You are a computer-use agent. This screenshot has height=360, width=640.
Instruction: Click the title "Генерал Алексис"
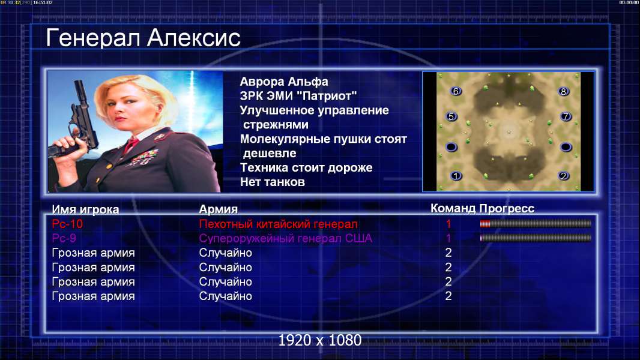click(x=143, y=38)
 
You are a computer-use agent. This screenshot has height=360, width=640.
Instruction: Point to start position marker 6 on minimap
click(x=456, y=91)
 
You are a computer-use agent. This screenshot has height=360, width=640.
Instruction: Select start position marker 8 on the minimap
click(x=564, y=91)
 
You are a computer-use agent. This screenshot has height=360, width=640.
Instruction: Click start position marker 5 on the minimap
click(x=451, y=116)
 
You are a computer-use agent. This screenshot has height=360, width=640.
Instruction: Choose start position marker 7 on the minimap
click(x=566, y=116)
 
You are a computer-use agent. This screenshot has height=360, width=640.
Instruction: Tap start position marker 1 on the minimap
click(x=456, y=176)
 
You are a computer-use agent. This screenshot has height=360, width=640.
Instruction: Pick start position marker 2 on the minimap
click(x=564, y=176)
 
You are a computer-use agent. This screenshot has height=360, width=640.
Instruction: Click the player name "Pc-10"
click(x=67, y=224)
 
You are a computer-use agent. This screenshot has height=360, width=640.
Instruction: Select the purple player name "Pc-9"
click(x=64, y=238)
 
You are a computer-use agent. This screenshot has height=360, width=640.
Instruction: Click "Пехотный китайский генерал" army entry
click(x=279, y=224)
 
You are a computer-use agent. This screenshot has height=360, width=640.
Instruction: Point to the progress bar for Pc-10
click(x=536, y=223)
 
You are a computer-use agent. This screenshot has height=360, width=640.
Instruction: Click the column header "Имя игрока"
click(x=85, y=209)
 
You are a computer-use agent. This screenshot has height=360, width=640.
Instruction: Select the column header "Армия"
click(x=219, y=209)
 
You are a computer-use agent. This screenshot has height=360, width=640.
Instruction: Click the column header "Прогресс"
click(x=507, y=209)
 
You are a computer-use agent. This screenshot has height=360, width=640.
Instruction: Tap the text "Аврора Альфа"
click(x=284, y=82)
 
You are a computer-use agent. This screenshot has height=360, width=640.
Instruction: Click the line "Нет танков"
click(x=273, y=182)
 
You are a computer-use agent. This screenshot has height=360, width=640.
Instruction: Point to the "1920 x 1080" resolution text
click(x=320, y=340)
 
